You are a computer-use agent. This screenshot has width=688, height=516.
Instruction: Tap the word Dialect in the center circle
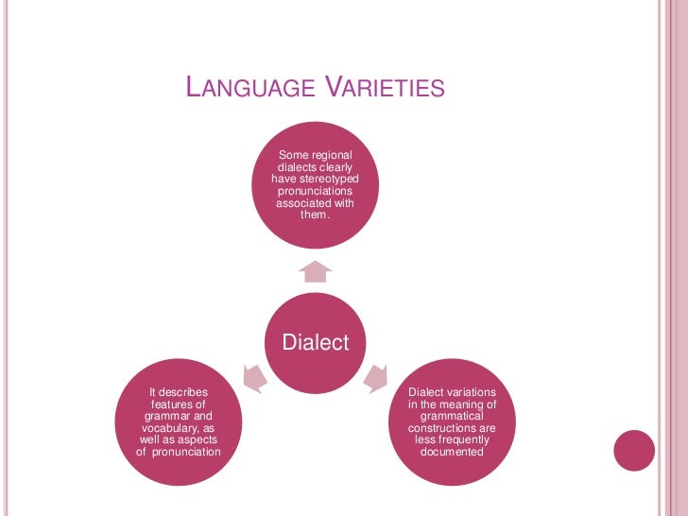click(x=316, y=342)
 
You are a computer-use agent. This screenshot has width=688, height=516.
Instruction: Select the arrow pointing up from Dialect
click(x=316, y=272)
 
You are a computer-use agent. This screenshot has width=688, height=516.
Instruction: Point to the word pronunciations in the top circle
click(x=316, y=191)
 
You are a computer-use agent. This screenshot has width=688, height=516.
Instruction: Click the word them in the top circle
click(x=315, y=215)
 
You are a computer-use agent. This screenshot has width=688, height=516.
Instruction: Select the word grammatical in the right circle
click(x=452, y=416)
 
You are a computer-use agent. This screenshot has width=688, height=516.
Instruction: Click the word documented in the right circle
click(x=452, y=452)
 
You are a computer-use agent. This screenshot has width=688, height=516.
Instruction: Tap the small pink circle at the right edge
click(x=634, y=450)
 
